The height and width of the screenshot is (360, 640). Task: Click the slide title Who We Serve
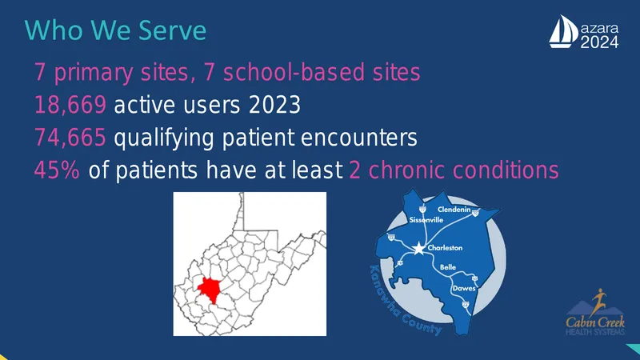pos(115,30)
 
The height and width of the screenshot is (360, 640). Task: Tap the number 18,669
pos(70,105)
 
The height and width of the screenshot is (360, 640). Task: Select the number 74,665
pos(70,137)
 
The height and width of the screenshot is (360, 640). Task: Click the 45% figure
pos(57,170)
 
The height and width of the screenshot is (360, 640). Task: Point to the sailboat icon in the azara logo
pos(563,32)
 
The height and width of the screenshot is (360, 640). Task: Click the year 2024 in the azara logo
pos(599,42)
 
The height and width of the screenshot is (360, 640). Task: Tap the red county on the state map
pos(209,290)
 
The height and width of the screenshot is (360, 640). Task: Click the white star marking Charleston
pos(418,248)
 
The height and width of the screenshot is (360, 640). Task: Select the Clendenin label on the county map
pos(454,210)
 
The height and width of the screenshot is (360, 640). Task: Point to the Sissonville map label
pos(426,220)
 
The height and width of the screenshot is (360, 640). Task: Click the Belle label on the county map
pos(448,267)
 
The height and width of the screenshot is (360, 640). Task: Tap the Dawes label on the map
pos(464,288)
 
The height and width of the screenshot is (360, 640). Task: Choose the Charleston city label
pos(445,248)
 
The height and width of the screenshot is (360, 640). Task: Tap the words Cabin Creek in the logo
pos(595,322)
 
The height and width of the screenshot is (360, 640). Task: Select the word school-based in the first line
pos(294,72)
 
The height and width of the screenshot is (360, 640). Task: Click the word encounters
pos(358,138)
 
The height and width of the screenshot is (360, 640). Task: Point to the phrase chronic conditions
pos(464,170)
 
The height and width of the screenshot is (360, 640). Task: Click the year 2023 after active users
pos(274,105)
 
